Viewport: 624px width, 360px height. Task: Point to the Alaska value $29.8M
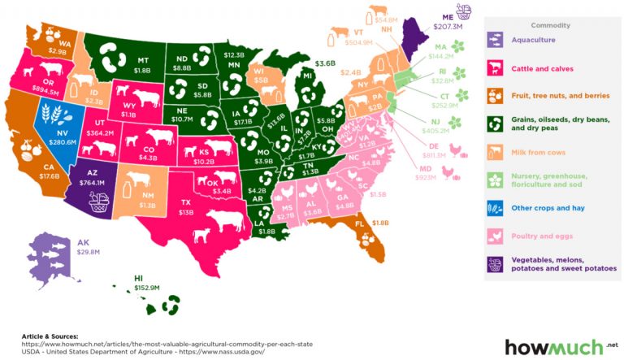(85, 253)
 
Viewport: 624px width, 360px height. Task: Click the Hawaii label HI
(140, 278)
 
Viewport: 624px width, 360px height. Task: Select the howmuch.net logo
(556, 347)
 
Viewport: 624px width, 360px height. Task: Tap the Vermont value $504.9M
(359, 43)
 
